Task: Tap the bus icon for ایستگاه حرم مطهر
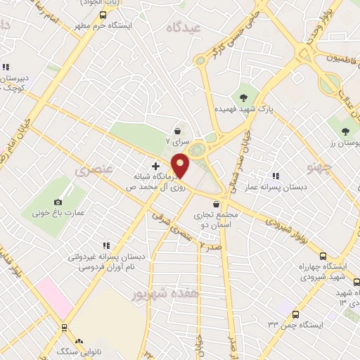point(103,15)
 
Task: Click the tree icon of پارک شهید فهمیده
point(244,97)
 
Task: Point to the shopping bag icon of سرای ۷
point(178,130)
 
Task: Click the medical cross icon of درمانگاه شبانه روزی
point(155,167)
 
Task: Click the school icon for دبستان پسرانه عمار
point(275,176)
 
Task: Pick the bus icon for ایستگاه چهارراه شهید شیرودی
point(323,256)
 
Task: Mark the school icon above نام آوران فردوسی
point(106,245)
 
